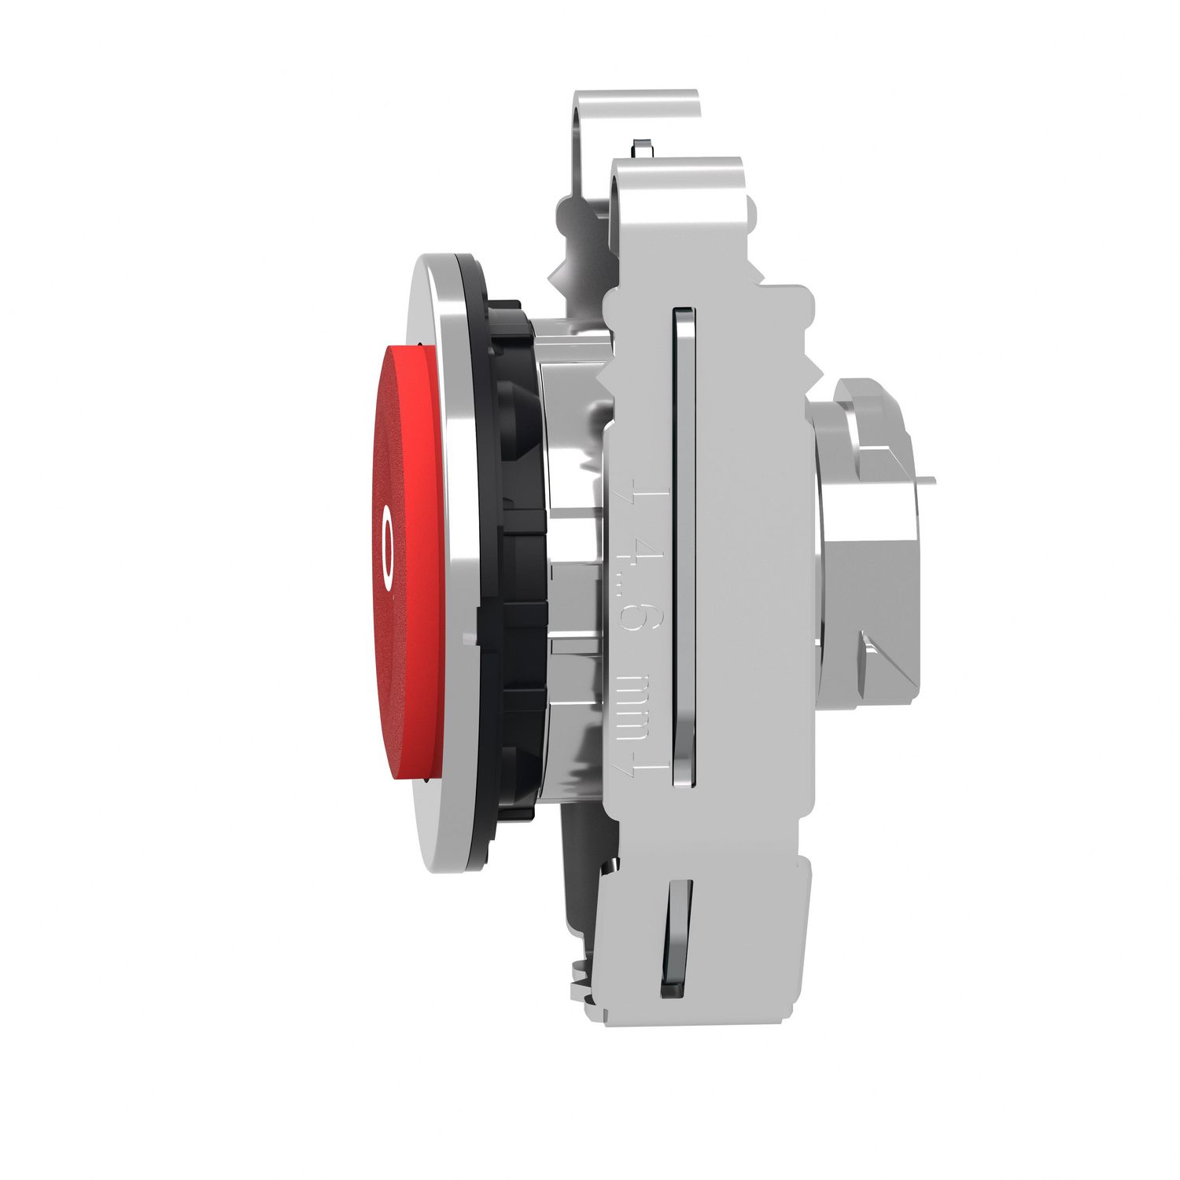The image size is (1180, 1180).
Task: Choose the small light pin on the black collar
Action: [470, 637]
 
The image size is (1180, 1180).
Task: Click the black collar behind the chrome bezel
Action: [511, 551]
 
